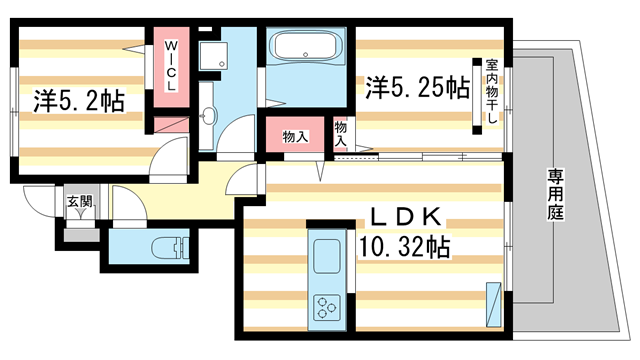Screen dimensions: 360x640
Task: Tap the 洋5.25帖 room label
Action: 417,87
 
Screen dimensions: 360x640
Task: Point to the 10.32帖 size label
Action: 404,246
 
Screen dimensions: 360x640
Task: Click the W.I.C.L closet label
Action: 170,67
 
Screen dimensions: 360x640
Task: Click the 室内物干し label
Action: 491,93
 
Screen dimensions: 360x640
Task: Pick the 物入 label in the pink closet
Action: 294,136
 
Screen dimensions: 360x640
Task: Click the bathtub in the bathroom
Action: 306,48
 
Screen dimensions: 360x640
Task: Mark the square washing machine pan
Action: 210,57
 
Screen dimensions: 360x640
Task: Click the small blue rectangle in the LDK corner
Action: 493,301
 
